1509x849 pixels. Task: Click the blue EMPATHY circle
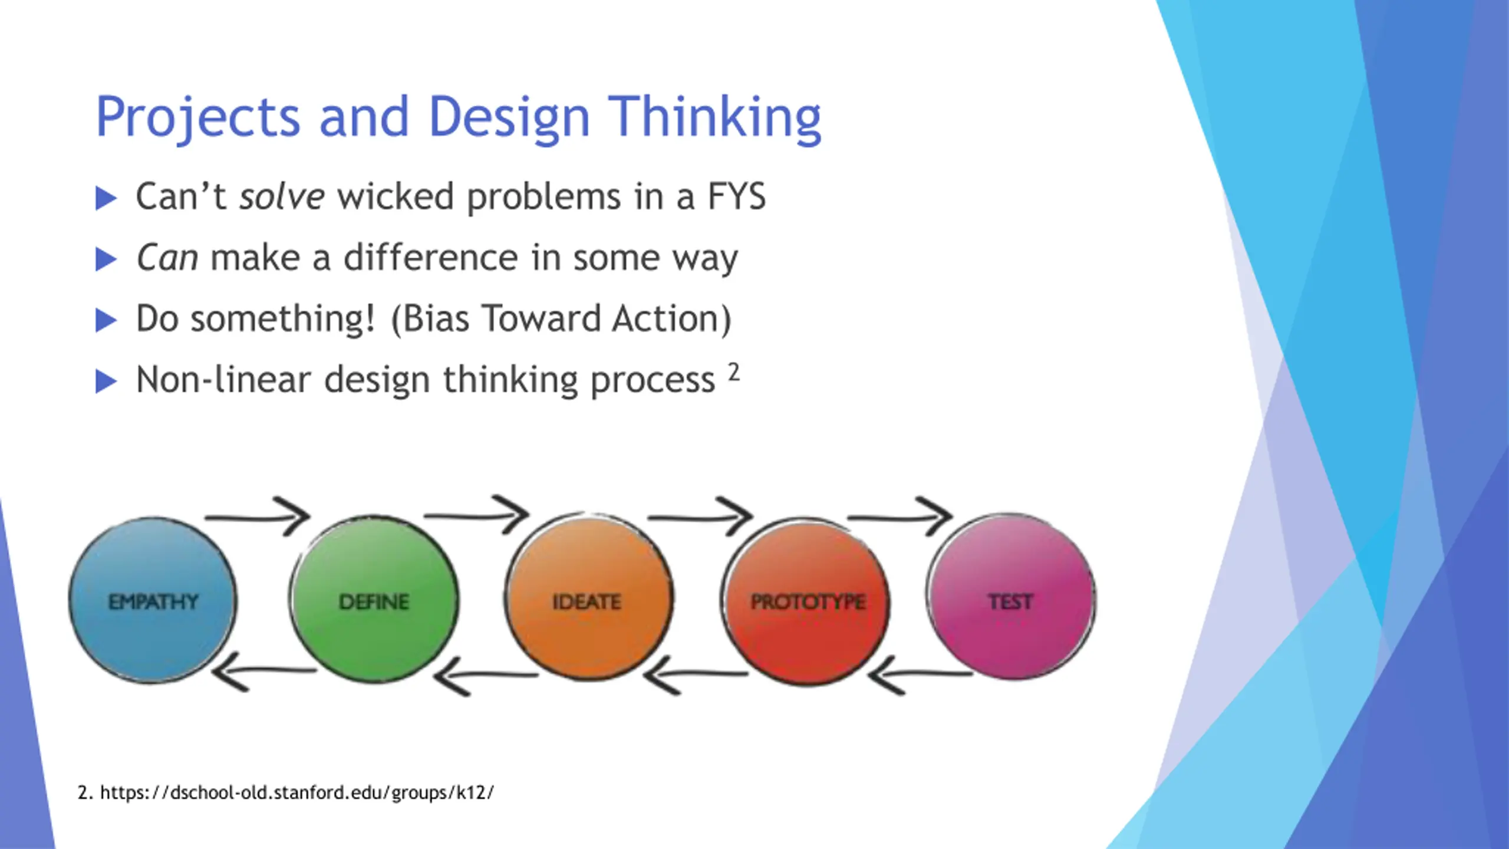point(153,600)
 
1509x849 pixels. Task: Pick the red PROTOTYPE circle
point(806,601)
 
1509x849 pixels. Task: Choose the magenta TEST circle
point(1010,597)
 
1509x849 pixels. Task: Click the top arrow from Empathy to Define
point(258,517)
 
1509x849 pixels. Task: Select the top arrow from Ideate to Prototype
point(699,517)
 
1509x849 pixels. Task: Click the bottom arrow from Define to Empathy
point(263,672)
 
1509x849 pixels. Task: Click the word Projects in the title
point(198,117)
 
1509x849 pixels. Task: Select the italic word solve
point(281,196)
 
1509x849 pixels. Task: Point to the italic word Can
point(167,258)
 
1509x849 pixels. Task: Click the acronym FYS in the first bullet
point(736,196)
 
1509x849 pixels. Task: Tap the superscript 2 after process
point(733,372)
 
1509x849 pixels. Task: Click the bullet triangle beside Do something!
point(106,320)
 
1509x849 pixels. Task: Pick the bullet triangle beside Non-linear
point(106,381)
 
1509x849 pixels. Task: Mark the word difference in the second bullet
point(431,258)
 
